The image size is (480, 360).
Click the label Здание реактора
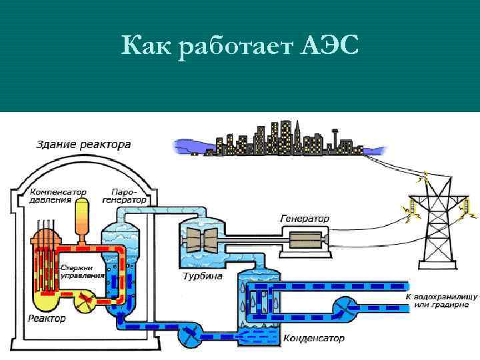(83, 144)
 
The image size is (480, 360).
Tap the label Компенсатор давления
(57, 195)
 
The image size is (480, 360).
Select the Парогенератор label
(125, 195)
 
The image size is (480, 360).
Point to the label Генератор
(304, 218)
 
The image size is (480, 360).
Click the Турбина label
(202, 275)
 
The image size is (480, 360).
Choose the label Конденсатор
(314, 338)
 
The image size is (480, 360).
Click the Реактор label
(47, 318)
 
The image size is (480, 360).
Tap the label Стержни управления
(83, 270)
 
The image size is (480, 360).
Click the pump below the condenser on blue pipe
(191, 335)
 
